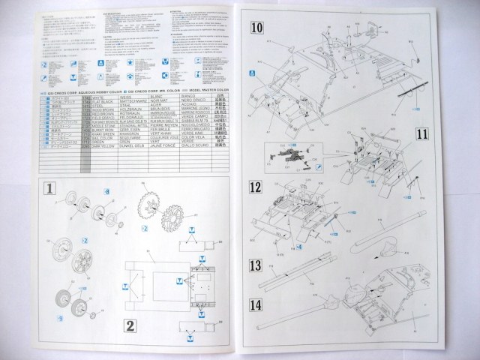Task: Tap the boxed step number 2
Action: pyautogui.click(x=130, y=325)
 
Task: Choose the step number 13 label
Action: pyautogui.click(x=257, y=265)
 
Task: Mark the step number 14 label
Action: pyautogui.click(x=257, y=305)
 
